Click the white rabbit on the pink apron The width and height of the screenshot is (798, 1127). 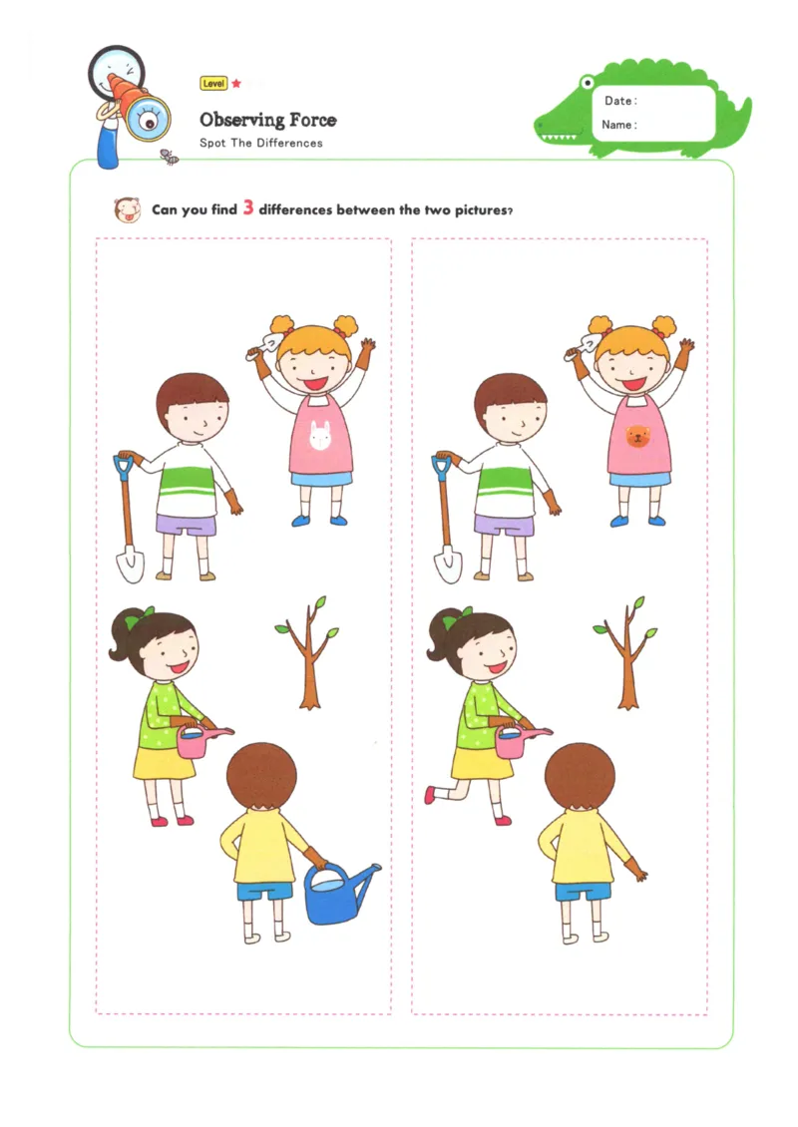point(319,436)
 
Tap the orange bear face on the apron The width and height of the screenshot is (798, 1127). point(635,436)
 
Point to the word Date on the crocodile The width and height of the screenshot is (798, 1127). point(618,101)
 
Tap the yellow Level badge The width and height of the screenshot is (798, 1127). point(213,84)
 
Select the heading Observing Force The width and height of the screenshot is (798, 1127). point(267,121)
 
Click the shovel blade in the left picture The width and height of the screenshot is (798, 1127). point(129,564)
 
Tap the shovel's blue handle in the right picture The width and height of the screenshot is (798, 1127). point(442,465)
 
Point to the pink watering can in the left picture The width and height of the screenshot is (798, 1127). point(195,740)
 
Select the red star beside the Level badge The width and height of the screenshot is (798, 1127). point(236,84)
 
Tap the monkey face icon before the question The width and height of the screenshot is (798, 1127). point(127,209)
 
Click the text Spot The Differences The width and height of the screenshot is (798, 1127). point(260,143)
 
